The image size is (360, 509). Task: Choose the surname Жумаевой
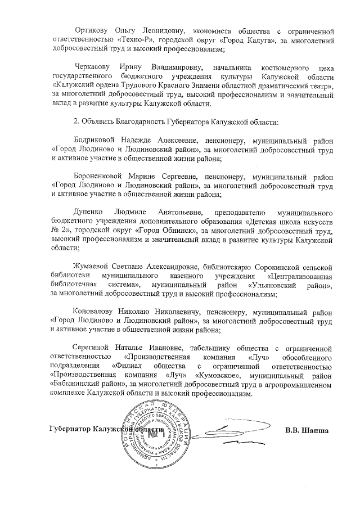[93, 266]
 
